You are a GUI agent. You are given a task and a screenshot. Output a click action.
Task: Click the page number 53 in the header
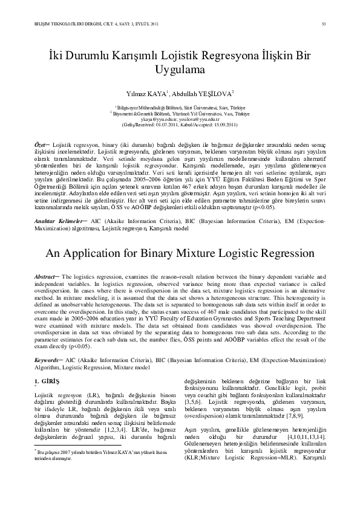tap(325, 24)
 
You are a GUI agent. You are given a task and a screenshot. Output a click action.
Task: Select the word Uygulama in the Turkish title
tap(179, 70)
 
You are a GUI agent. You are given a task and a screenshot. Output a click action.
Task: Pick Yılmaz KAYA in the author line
tap(142, 94)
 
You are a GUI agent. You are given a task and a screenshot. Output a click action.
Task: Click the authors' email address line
tap(179, 119)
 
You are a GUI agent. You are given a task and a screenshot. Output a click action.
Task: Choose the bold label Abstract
tap(45, 276)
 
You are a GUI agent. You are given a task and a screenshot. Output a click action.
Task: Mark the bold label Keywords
tap(46, 359)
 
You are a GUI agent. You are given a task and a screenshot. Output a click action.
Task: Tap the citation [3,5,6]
tap(194, 401)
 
